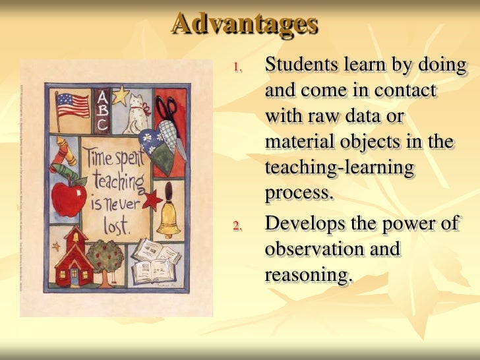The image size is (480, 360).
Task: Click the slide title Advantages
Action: tap(245, 24)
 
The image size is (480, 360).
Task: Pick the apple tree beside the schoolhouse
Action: tap(105, 259)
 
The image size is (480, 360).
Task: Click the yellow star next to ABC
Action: tap(120, 97)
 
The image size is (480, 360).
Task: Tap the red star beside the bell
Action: tap(153, 198)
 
